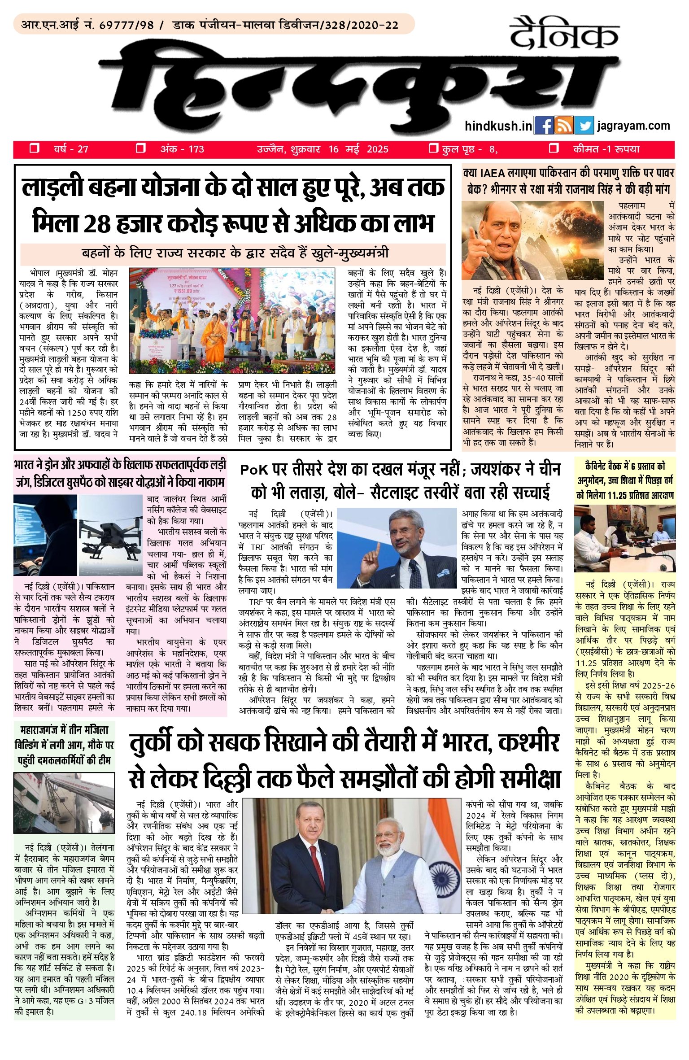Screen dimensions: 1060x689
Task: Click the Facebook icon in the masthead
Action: (544, 125)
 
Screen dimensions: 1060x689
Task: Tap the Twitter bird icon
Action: (584, 125)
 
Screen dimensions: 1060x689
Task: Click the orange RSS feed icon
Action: (563, 125)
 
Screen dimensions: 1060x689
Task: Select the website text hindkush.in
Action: (498, 126)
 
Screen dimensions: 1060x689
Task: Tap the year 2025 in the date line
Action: (377, 149)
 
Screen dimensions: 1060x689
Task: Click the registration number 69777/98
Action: (126, 25)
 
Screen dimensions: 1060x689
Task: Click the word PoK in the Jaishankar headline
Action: (254, 470)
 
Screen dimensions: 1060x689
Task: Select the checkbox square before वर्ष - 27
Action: (34, 148)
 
